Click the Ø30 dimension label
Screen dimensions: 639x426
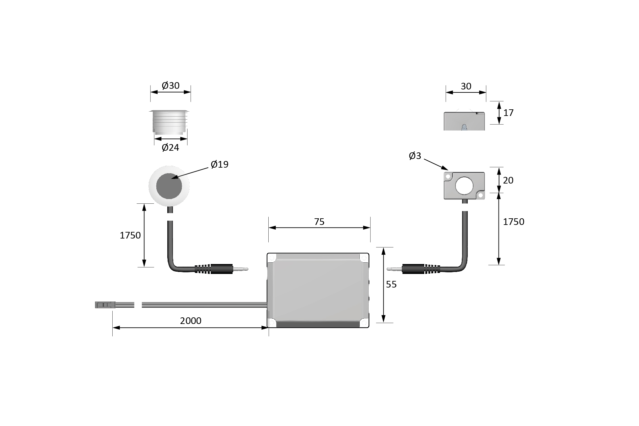171,86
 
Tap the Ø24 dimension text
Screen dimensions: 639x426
170,148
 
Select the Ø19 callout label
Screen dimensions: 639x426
220,164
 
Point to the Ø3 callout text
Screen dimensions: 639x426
415,156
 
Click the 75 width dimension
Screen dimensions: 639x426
319,222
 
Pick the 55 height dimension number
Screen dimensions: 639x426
391,285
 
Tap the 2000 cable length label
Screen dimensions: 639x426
191,321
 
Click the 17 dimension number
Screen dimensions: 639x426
508,113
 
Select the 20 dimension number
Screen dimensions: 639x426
508,181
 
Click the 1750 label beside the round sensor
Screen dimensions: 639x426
130,235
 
